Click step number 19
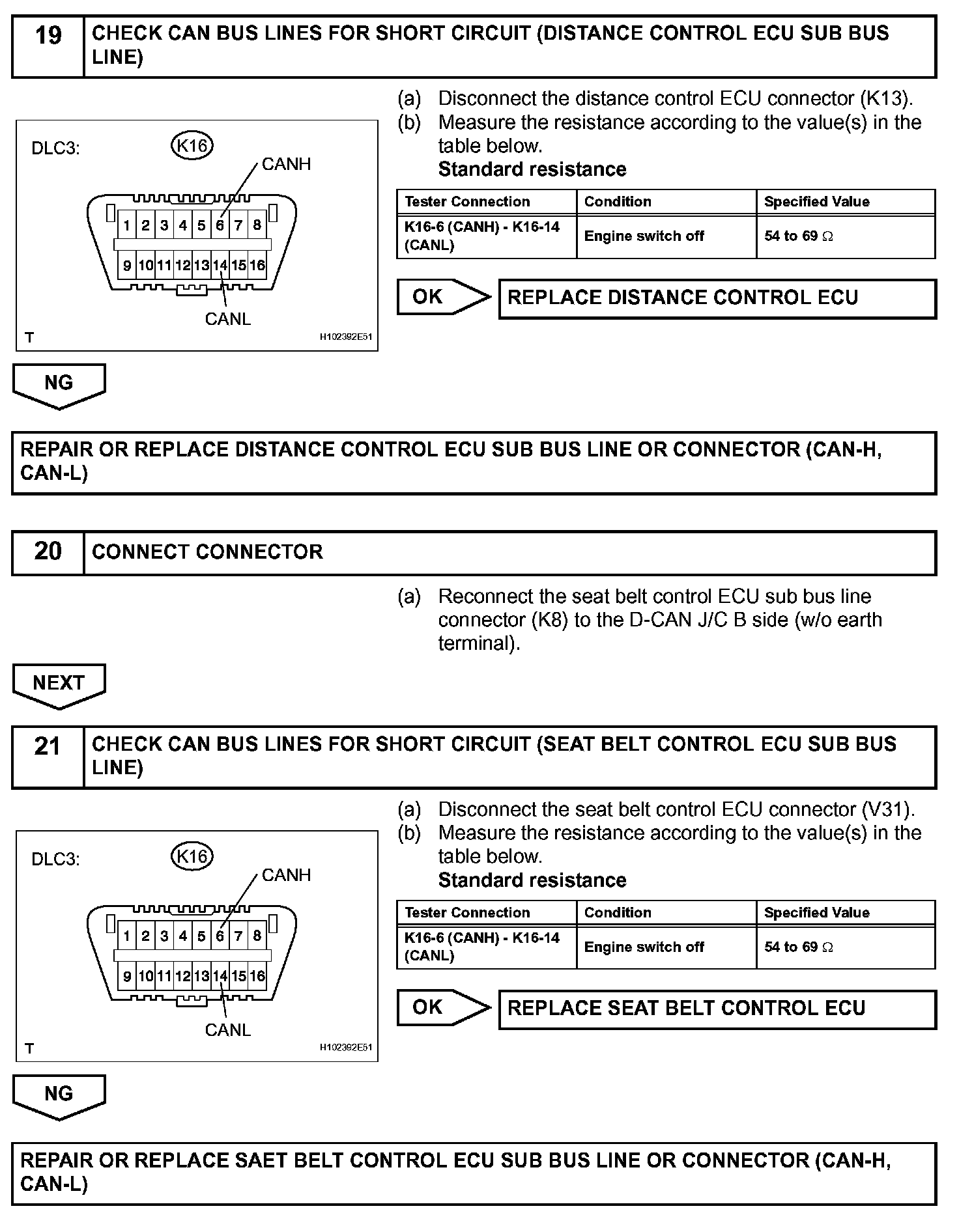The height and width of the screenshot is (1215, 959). click(x=48, y=35)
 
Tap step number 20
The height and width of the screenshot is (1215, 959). click(x=48, y=552)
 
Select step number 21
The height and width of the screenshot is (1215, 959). click(x=48, y=746)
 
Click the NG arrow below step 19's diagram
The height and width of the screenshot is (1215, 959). click(x=59, y=384)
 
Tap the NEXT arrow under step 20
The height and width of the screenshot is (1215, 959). click(x=59, y=684)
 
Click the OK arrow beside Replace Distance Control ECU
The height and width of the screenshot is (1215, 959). click(x=442, y=297)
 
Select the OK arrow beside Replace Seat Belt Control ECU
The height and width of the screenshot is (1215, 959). click(x=442, y=1007)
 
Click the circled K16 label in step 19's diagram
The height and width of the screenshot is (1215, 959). click(x=192, y=146)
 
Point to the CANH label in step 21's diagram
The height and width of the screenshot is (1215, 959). click(x=286, y=875)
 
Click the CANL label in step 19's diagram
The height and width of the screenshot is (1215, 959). click(x=227, y=319)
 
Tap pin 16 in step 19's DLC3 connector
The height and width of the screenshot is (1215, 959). click(x=257, y=265)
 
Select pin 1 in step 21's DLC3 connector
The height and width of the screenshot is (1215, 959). click(x=127, y=936)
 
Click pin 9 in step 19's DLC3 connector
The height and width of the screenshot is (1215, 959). click(x=127, y=265)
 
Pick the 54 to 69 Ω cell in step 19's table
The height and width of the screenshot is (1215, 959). click(x=798, y=236)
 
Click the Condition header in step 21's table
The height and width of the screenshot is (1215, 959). click(x=618, y=912)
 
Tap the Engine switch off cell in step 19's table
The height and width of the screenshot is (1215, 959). click(x=644, y=236)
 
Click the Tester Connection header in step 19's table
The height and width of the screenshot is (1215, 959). click(x=467, y=202)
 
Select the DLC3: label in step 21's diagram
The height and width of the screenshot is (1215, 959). click(x=55, y=859)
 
